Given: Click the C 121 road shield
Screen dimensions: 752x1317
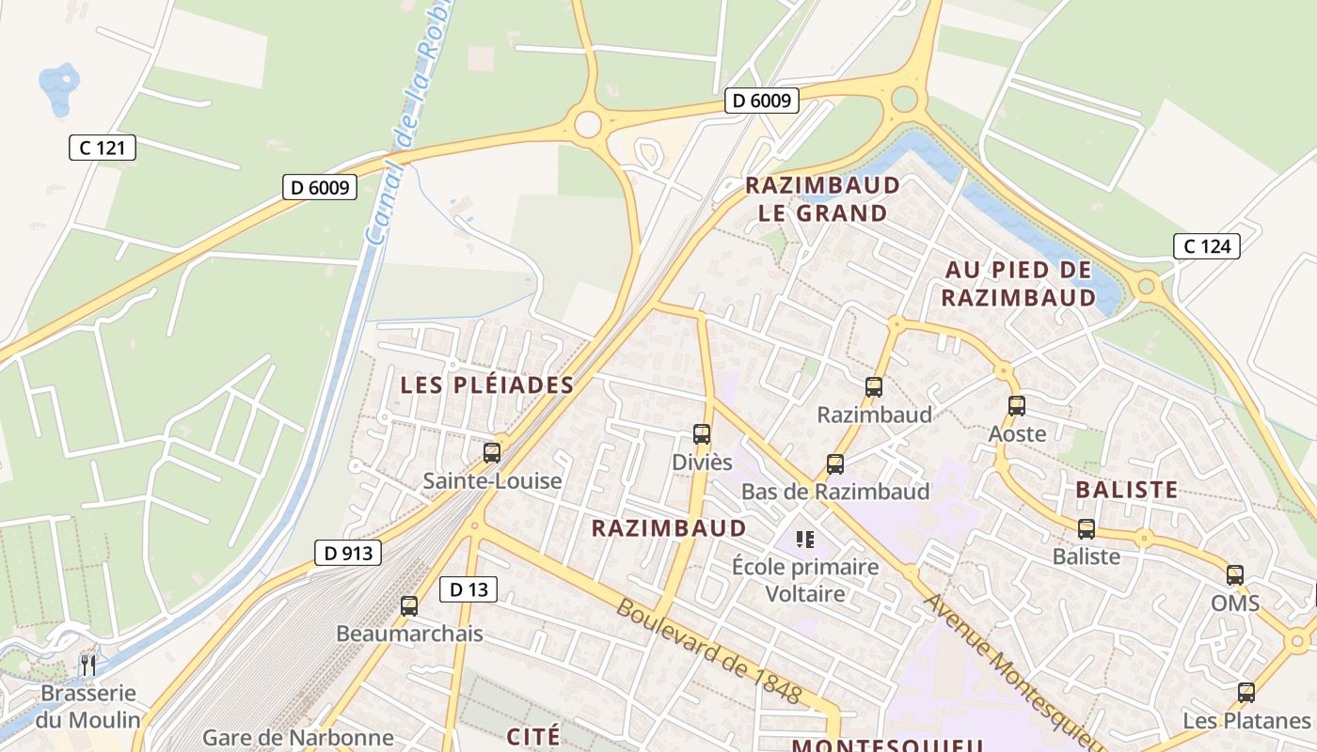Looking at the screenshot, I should (x=103, y=147).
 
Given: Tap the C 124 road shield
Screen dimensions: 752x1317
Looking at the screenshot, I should (x=1206, y=246).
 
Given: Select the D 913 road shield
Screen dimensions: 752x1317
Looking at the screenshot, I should (x=347, y=553).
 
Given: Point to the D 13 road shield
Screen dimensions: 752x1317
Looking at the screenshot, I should (x=468, y=589).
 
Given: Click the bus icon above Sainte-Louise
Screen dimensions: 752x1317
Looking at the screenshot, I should (x=491, y=453).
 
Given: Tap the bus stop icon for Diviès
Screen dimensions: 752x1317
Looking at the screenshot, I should (x=701, y=434).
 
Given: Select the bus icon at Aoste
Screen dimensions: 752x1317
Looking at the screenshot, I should (x=1016, y=406).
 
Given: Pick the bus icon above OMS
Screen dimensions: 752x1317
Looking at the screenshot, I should (x=1234, y=575).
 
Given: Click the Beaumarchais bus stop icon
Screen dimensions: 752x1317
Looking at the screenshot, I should (x=408, y=606).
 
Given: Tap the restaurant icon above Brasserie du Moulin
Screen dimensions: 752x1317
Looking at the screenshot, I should (x=87, y=666).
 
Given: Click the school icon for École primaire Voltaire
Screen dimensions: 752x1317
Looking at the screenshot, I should (x=804, y=540).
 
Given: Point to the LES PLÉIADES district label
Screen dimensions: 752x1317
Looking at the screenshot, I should (x=486, y=384).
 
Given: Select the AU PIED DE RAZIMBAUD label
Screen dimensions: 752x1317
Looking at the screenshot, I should (x=1019, y=284).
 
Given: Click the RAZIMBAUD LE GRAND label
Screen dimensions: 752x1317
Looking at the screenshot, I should (x=822, y=198).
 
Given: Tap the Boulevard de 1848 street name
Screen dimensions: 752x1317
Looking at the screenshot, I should (x=709, y=651).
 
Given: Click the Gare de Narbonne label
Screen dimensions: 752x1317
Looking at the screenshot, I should (x=297, y=738).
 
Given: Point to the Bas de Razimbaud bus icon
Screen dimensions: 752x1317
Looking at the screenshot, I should (x=834, y=463).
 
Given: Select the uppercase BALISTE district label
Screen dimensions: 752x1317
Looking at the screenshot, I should (x=1126, y=490).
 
